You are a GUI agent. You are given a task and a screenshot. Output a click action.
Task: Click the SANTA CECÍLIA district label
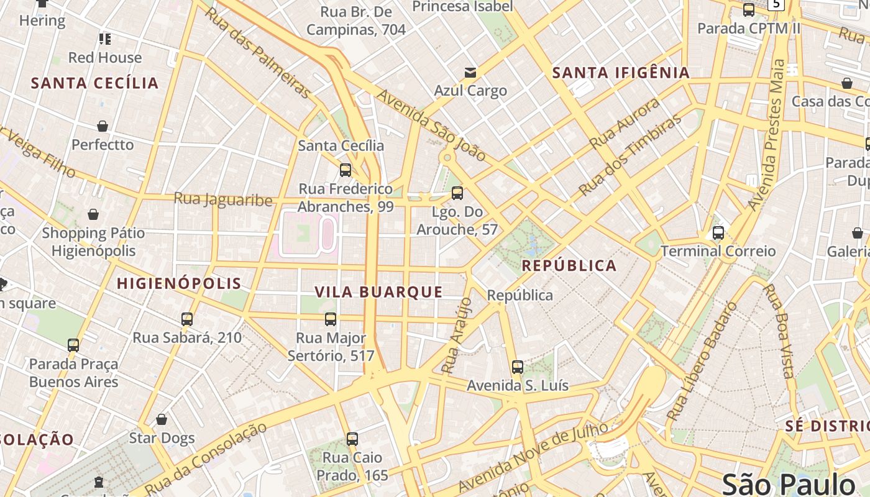(x=95, y=83)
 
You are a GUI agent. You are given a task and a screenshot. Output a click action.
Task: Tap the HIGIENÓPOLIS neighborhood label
(x=179, y=284)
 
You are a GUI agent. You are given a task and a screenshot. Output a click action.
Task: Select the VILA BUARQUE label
(x=378, y=292)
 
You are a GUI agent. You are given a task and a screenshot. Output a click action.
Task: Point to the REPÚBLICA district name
(x=569, y=266)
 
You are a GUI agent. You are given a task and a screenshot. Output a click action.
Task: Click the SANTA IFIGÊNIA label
(x=621, y=73)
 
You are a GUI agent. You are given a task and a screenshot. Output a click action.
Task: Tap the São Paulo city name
(x=789, y=484)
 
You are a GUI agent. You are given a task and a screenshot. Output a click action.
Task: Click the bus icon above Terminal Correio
(x=718, y=233)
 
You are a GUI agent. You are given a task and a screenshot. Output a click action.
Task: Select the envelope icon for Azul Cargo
(x=470, y=73)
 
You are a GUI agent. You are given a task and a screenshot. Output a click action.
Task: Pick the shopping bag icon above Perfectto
(x=103, y=127)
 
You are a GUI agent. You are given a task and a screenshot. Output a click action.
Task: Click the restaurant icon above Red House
(x=105, y=40)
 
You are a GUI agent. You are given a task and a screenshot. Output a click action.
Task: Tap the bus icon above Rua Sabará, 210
(x=187, y=319)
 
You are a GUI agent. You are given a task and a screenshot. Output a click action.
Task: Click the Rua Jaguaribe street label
(x=223, y=199)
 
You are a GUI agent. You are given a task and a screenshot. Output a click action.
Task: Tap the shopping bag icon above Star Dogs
(x=162, y=420)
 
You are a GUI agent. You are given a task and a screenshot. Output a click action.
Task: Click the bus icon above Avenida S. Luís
(x=518, y=367)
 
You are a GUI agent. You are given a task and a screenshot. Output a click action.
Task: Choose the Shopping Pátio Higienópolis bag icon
(x=93, y=215)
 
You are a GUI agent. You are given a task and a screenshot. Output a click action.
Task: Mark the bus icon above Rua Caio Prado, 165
(x=352, y=439)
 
